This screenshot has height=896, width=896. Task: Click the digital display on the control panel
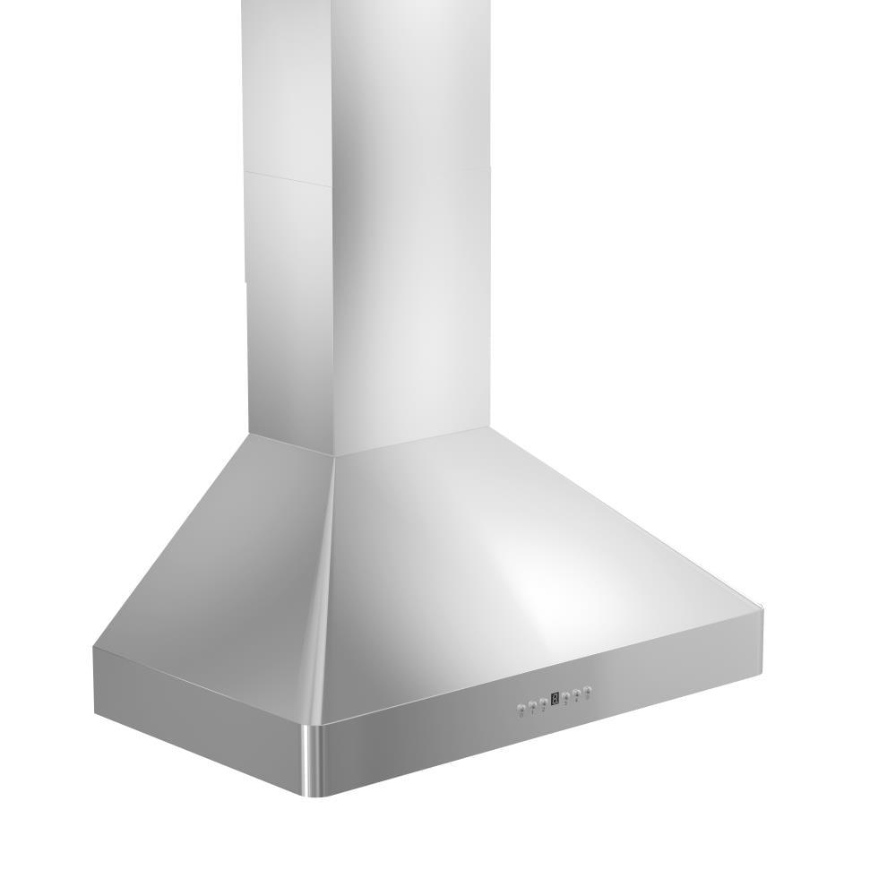[x=556, y=698]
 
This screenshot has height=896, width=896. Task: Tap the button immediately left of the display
[x=544, y=702]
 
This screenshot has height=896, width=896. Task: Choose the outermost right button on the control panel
[x=588, y=690]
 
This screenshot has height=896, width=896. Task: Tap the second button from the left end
[x=532, y=706]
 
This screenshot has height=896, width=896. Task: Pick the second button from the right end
[x=577, y=693]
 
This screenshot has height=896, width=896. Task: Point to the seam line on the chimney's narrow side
[x=287, y=177]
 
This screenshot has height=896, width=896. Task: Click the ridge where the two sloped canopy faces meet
[x=324, y=582]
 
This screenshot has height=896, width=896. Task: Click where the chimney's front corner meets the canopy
[x=334, y=455]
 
